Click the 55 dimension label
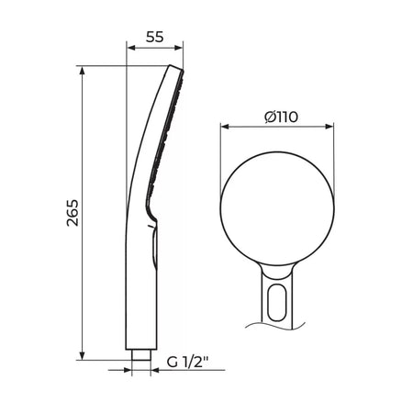[x=155, y=37]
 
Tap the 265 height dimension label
[x=73, y=213]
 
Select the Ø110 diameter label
[x=281, y=117]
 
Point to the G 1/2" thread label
[x=187, y=363]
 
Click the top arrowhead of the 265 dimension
[x=82, y=71]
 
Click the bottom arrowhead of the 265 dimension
[x=82, y=355]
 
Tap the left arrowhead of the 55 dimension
[x=131, y=48]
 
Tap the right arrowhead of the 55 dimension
[x=178, y=48]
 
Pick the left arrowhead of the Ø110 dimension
[x=225, y=127]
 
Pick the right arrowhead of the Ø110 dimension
[x=329, y=127]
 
